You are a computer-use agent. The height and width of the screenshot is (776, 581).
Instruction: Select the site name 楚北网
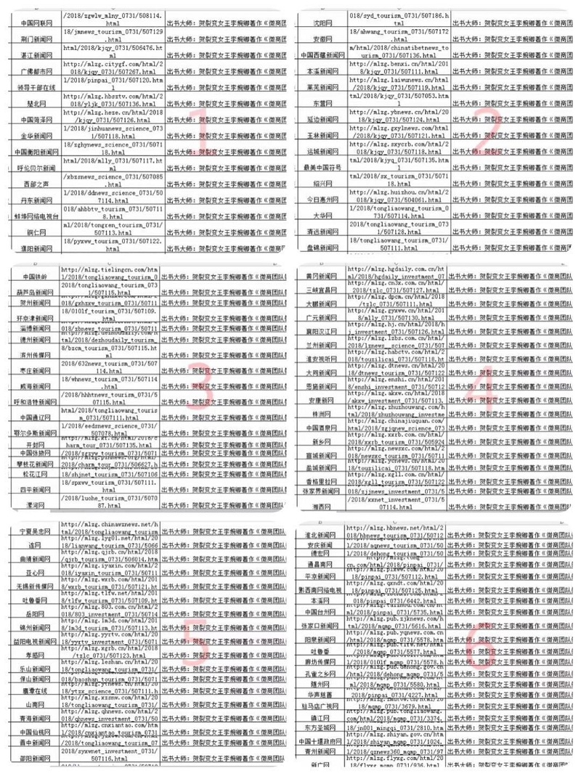[x=31, y=104]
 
